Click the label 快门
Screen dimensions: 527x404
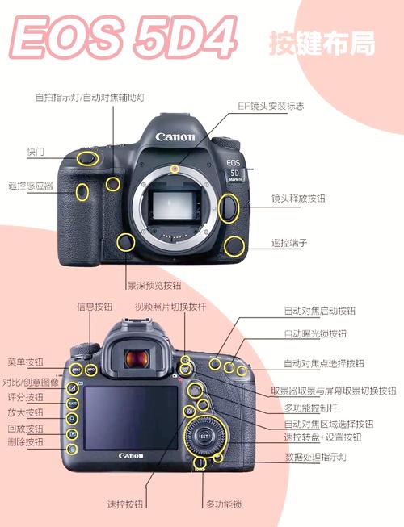35,152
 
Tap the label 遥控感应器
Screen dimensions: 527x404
31,185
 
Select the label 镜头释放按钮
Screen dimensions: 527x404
298,198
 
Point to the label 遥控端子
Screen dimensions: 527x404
289,242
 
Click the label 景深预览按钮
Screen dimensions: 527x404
154,285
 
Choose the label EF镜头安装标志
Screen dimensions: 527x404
271,106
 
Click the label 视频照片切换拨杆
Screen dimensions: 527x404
170,307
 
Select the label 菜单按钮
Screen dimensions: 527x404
25,362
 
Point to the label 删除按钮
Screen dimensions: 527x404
25,442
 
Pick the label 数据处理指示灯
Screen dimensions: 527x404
316,457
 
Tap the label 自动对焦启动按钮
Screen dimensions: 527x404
319,311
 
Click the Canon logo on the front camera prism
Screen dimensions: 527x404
176,136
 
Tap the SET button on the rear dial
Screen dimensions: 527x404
204,437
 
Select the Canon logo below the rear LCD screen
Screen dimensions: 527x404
131,456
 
